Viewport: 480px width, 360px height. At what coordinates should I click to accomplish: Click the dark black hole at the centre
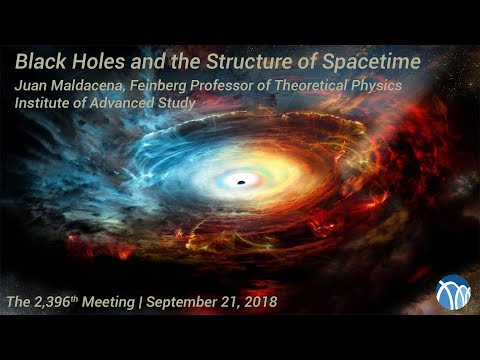240,180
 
